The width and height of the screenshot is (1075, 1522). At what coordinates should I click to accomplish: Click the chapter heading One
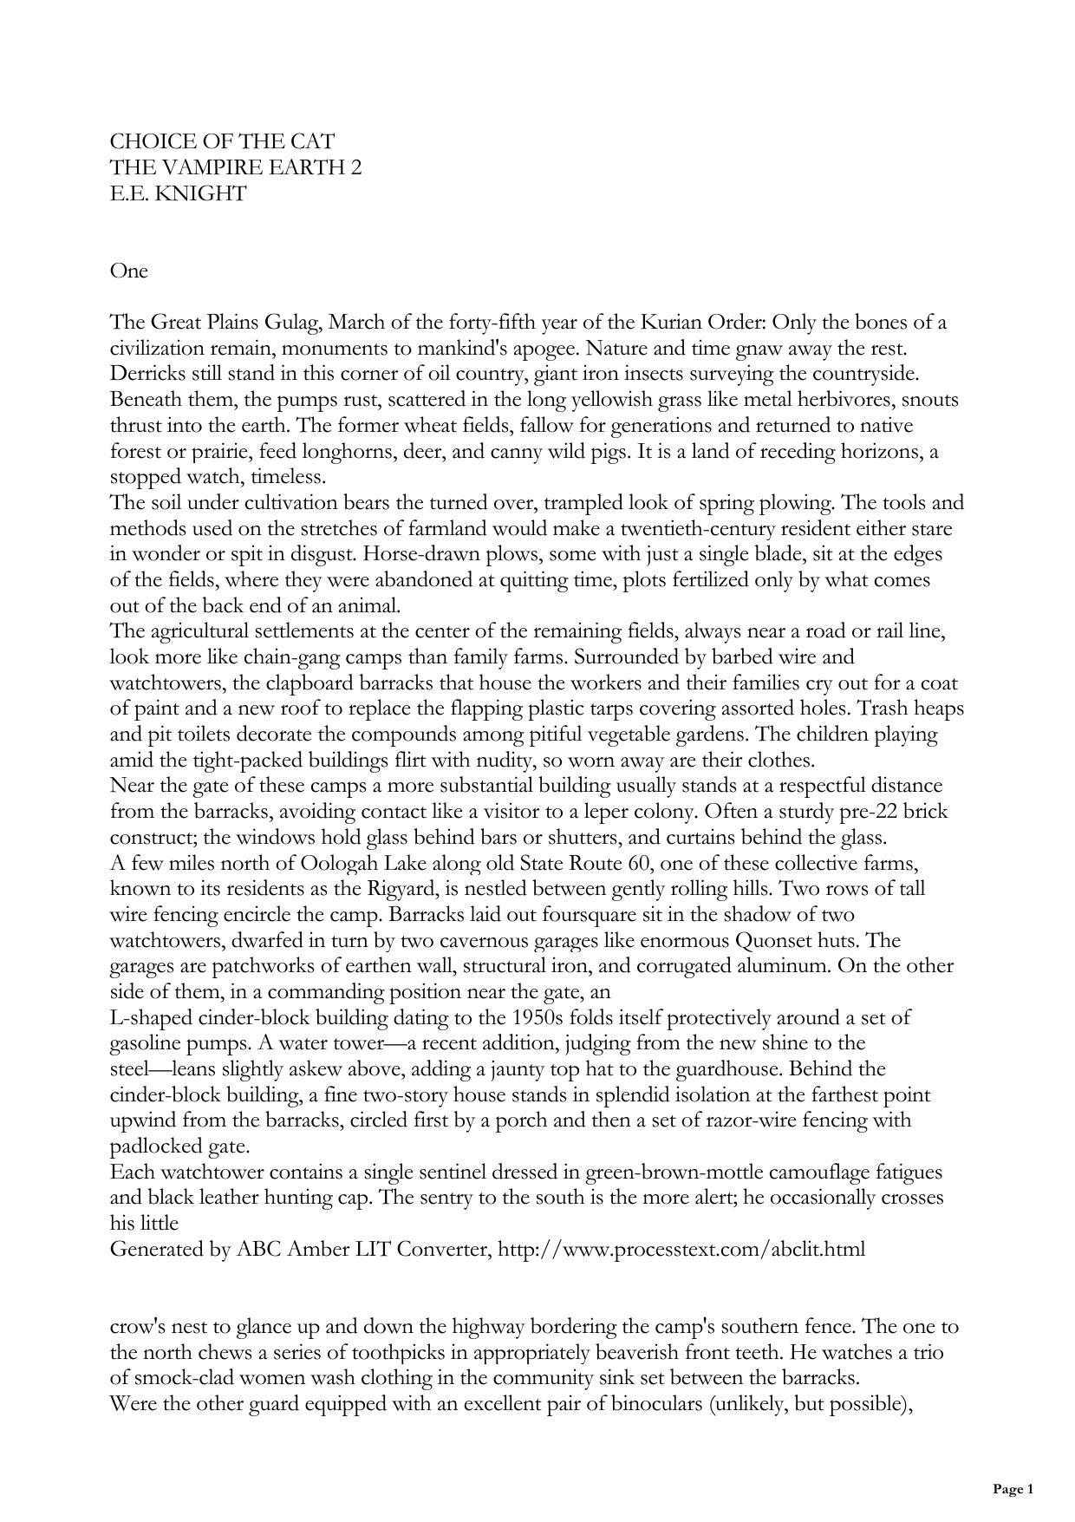point(129,271)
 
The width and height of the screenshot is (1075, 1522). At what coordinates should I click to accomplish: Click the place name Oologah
point(345,863)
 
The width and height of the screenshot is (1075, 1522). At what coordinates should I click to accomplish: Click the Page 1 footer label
point(1013,1489)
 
